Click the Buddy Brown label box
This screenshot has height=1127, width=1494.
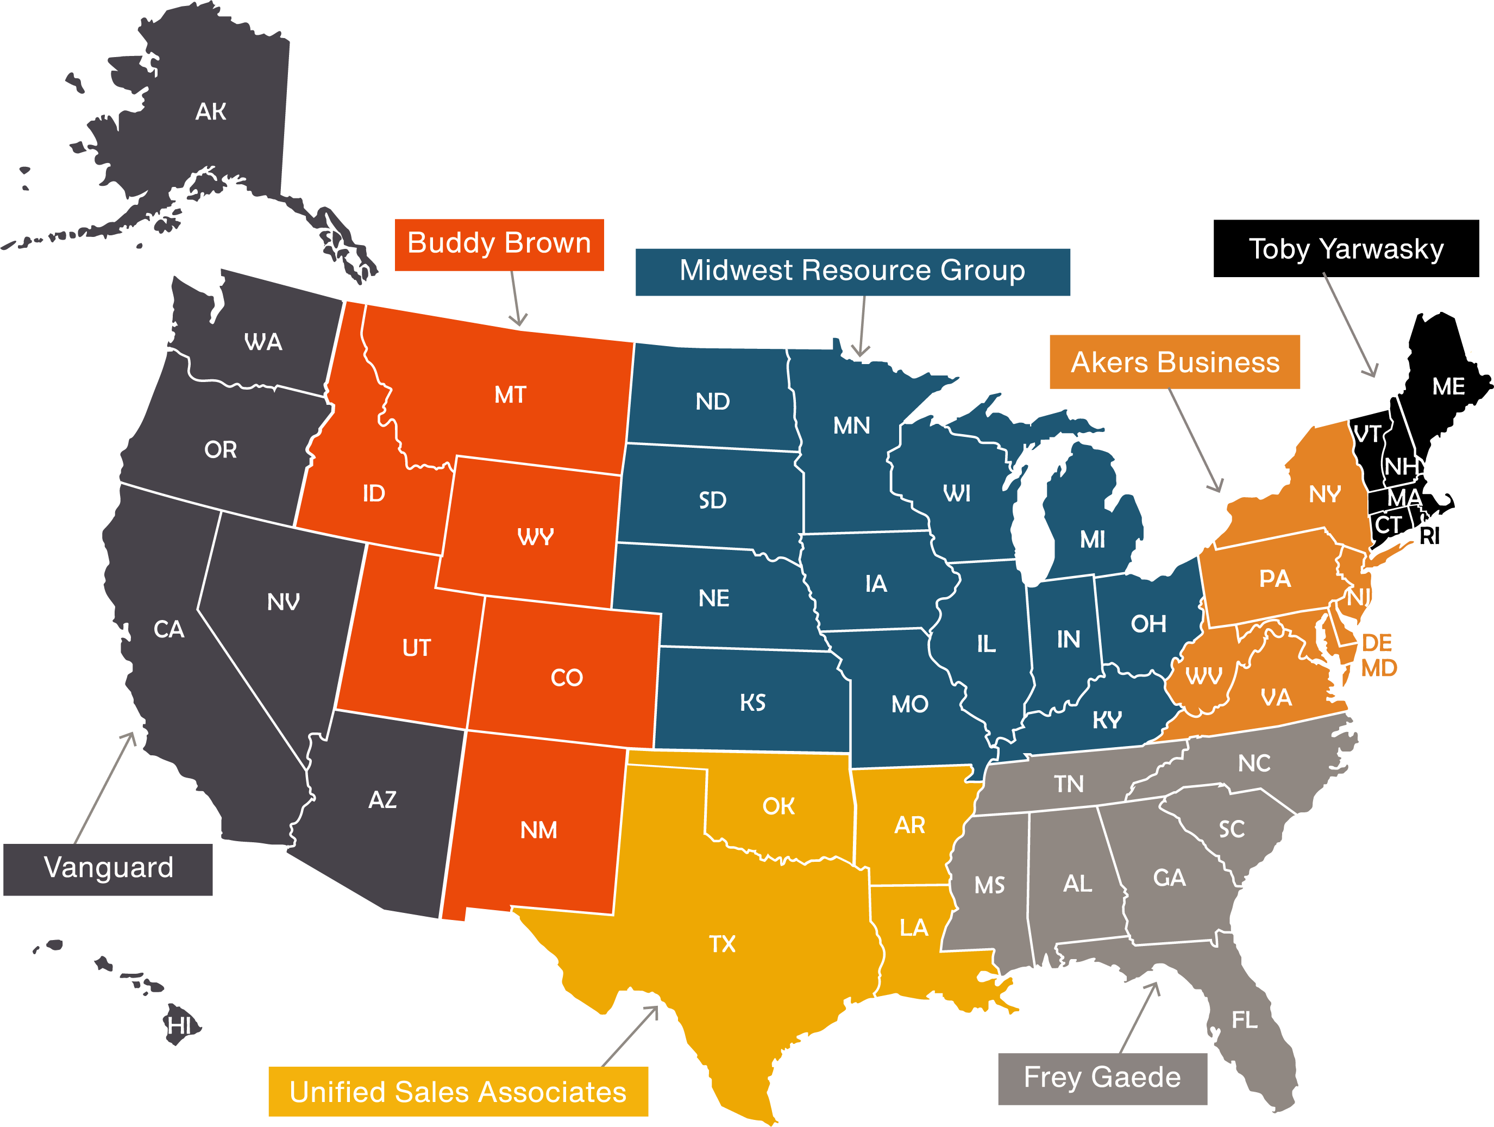pos(499,245)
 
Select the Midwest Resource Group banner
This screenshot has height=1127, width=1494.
pos(852,272)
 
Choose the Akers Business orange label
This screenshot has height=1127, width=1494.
pos(1175,362)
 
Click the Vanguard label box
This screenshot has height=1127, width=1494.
pos(108,869)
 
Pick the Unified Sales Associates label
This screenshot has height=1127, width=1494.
pos(458,1091)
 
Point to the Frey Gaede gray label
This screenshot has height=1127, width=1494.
pos(1102,1078)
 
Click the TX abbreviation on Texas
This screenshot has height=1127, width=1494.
pos(722,944)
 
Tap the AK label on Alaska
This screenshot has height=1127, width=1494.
pos(211,111)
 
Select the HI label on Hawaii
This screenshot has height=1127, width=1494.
pos(179,1025)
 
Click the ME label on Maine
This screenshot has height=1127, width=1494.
pos(1448,386)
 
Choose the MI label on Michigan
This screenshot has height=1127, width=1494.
pos(1092,539)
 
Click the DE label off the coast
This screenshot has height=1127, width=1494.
pos(1377,642)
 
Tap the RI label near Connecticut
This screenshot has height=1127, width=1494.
pos(1429,536)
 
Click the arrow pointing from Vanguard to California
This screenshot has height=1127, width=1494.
pos(105,787)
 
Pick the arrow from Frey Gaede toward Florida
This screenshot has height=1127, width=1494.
pos(1139,1017)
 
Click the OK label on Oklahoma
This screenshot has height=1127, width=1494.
pos(778,806)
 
